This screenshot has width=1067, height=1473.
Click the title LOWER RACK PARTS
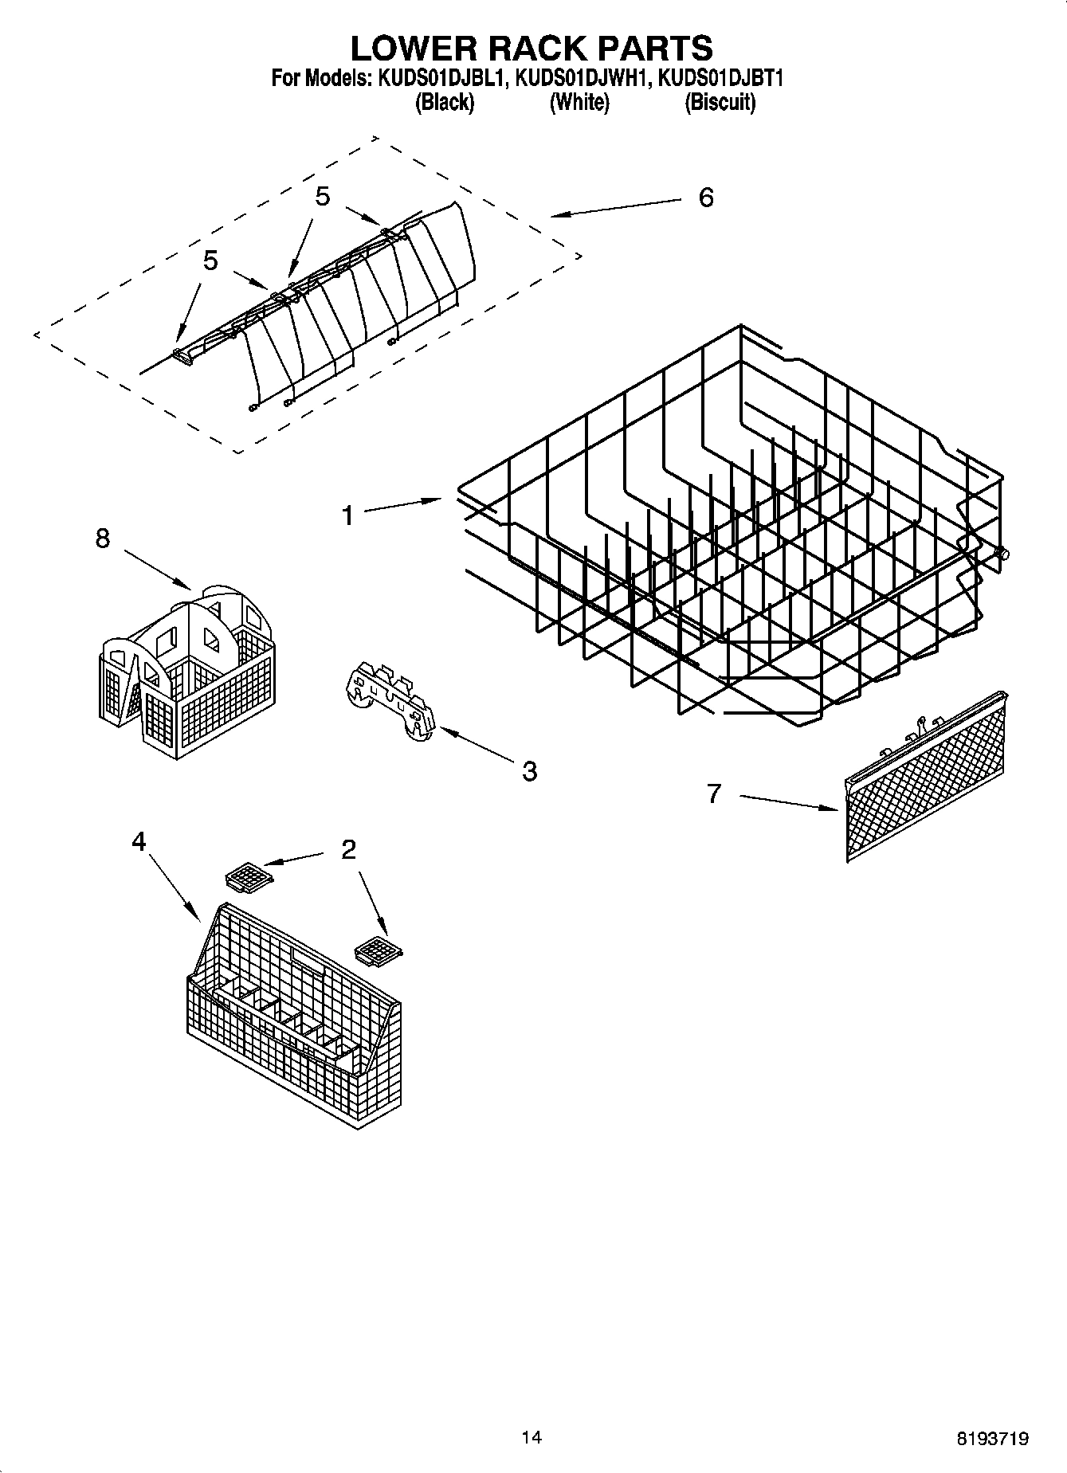point(532,48)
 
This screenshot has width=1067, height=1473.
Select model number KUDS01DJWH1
point(580,79)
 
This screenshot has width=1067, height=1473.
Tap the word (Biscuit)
point(720,103)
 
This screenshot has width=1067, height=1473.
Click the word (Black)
point(445,103)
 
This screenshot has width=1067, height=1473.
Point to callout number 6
point(705,198)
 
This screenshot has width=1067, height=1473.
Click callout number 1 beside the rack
point(347,516)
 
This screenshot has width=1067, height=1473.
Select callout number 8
point(103,539)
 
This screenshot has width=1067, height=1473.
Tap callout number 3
point(529,770)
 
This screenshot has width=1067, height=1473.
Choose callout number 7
point(713,793)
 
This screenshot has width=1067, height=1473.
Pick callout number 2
point(348,850)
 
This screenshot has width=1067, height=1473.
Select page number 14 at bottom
point(532,1437)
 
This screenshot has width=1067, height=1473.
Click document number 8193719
point(992,1439)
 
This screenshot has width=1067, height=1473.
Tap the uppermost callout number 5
point(322,197)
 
